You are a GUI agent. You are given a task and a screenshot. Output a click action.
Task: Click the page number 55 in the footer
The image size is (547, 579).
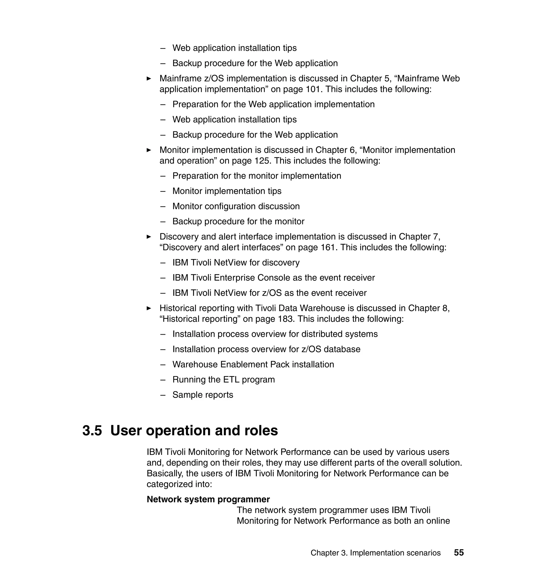459,553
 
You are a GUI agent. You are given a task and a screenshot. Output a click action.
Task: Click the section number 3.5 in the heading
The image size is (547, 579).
92,431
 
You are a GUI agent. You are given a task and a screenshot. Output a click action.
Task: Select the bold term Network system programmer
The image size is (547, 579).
208,499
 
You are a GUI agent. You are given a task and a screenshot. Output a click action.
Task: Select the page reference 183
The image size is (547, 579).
284,319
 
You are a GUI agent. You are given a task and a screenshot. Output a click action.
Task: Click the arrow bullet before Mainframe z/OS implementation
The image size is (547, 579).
149,79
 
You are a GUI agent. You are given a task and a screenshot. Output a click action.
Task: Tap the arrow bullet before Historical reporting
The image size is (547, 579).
149,308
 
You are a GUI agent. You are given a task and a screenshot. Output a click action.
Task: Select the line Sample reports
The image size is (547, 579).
203,395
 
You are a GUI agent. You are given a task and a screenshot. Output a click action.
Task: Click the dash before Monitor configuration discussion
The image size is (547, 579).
163,206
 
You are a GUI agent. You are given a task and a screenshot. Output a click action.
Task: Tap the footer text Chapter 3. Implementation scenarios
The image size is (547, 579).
375,553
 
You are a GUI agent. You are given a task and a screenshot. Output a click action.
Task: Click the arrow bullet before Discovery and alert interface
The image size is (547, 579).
149,237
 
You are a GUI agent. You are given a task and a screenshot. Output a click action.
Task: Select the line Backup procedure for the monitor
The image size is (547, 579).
238,222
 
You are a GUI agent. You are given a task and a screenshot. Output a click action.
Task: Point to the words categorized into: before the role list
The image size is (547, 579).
179,484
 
